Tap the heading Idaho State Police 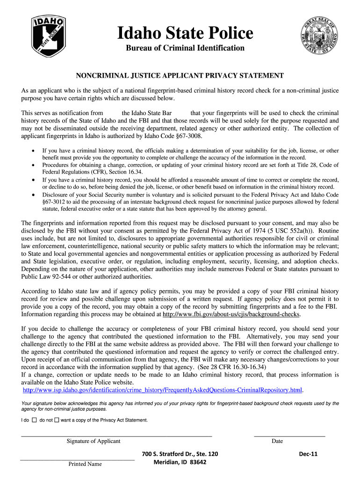[x=185, y=33]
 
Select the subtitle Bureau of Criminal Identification [x=185, y=48]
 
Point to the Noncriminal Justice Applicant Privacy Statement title [x=180, y=75]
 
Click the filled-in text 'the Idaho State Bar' [x=147, y=113]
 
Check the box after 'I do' [x=35, y=420]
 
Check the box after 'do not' [x=57, y=420]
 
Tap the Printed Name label [x=85, y=464]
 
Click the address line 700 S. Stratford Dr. [x=180, y=454]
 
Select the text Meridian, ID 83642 [x=180, y=462]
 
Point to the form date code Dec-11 [x=308, y=454]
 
